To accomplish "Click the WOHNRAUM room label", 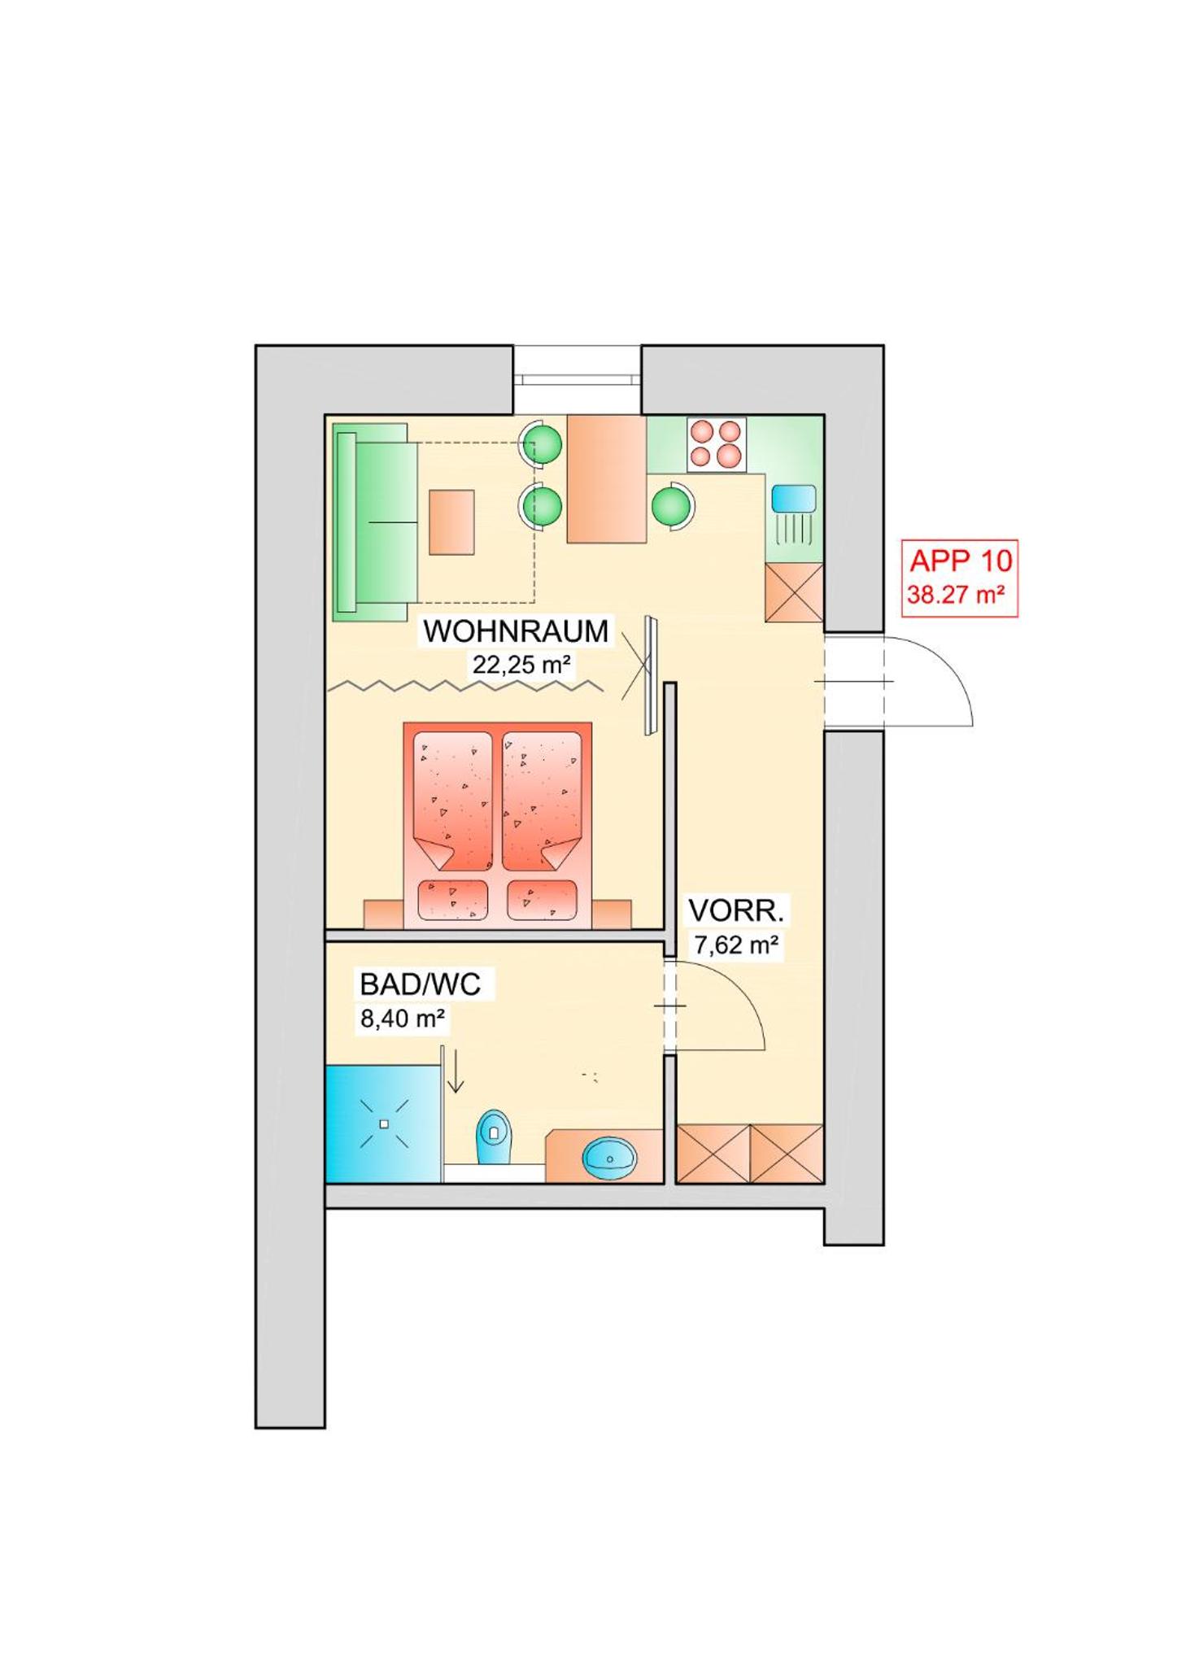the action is click(516, 631).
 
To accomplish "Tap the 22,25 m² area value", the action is click(521, 665).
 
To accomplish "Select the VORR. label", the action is click(735, 910).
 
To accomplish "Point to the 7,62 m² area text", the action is click(735, 945).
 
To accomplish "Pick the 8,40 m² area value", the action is click(402, 1018).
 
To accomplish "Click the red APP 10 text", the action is click(961, 561).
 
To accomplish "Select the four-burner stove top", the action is click(717, 444).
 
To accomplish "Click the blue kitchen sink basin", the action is click(793, 498).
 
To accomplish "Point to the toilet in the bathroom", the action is click(495, 1136).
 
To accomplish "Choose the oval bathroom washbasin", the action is click(609, 1158).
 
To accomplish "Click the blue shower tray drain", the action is click(385, 1124).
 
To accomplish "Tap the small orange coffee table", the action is click(451, 521).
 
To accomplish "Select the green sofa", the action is click(375, 522).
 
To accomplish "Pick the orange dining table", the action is click(606, 478).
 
